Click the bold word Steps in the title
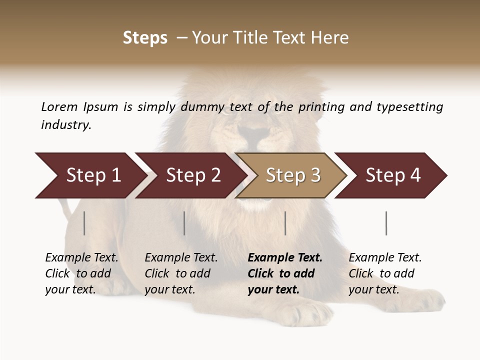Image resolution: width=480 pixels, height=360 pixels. pos(145,38)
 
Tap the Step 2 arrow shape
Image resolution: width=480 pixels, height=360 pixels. pos(190,175)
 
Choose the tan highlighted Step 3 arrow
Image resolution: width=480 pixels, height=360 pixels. pos(292,175)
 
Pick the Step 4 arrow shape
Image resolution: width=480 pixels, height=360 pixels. pos(392,175)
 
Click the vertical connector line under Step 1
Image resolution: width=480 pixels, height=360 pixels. pos(84,223)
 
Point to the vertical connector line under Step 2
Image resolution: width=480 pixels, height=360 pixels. pos(184,223)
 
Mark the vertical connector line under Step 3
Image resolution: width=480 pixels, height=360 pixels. pos(285,223)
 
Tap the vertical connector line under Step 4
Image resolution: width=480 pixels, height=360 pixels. pos(386,223)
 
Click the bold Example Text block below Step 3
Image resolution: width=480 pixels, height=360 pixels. pos(285,273)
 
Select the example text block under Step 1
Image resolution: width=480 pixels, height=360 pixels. pos(81,273)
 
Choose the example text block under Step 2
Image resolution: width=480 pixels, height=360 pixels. pos(181,273)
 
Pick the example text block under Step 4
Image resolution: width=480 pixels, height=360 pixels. pos(385,273)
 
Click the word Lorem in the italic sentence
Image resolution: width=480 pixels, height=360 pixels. pos(59,106)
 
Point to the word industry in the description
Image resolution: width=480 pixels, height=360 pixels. pos(65,125)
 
